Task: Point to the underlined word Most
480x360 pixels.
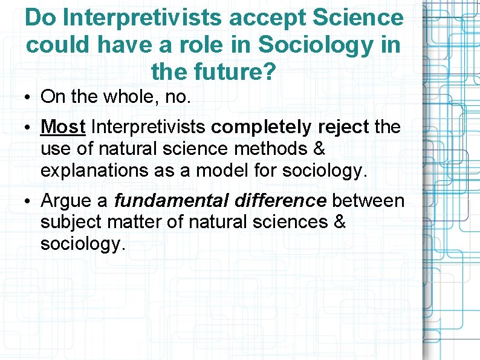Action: pos(63,127)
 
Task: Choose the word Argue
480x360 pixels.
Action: pos(65,200)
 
